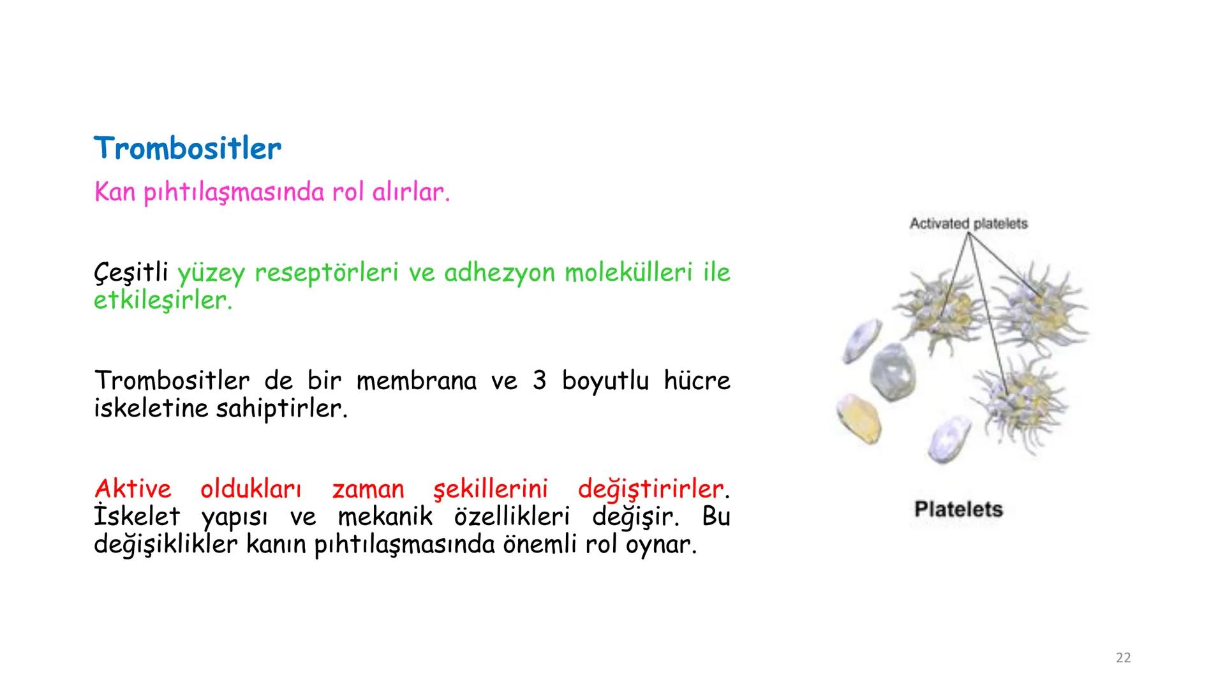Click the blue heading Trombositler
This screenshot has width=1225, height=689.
point(187,149)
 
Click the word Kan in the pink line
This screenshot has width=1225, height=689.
point(114,191)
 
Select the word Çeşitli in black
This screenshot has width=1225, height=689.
point(131,273)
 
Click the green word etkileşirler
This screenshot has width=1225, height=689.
point(163,300)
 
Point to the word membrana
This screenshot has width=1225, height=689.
point(416,381)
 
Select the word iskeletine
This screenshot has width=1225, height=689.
point(151,408)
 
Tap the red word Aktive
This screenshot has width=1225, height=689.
point(133,489)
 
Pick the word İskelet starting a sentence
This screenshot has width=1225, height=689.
point(137,517)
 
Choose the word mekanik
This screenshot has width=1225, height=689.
point(385,517)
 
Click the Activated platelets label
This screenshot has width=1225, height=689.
point(968,224)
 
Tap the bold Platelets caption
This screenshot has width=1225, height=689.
point(958,509)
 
